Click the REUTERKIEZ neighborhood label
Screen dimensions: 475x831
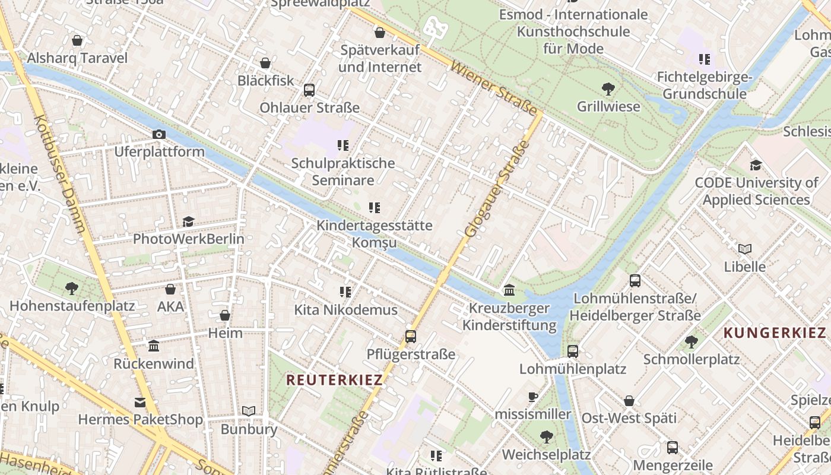pyautogui.click(x=334, y=380)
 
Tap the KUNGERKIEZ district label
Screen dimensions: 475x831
pyautogui.click(x=775, y=332)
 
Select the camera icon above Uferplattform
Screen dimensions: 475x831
pyautogui.click(x=158, y=135)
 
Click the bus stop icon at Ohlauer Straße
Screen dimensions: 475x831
pyautogui.click(x=309, y=90)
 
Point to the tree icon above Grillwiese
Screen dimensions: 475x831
pyautogui.click(x=608, y=90)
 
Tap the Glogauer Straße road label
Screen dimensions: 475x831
pyautogui.click(x=496, y=189)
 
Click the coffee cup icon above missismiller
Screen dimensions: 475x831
pyautogui.click(x=532, y=397)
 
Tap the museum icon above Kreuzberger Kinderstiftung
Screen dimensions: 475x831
pyautogui.click(x=509, y=290)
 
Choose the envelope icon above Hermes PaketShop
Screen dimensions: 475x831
pyautogui.click(x=140, y=403)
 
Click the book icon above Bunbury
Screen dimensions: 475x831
pyautogui.click(x=249, y=411)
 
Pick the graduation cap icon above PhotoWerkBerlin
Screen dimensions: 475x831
pyautogui.click(x=188, y=222)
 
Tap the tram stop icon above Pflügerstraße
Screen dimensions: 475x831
pyautogui.click(x=410, y=337)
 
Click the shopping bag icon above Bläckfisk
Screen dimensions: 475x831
pyautogui.click(x=265, y=63)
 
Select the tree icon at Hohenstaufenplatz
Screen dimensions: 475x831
pyautogui.click(x=71, y=289)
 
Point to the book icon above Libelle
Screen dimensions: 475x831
pyautogui.click(x=745, y=249)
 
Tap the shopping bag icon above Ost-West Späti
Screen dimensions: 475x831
pyautogui.click(x=629, y=401)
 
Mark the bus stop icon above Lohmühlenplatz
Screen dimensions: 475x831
pyautogui.click(x=572, y=351)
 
